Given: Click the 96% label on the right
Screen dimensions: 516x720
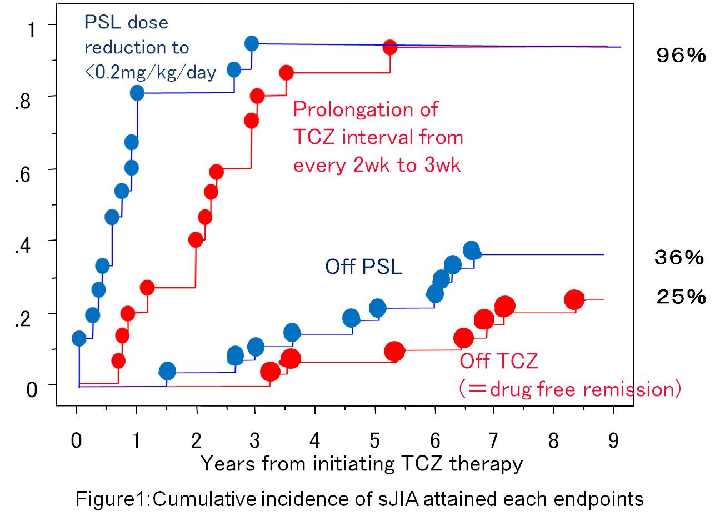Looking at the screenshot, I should [681, 55].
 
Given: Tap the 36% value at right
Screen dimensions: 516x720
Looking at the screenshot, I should [679, 257].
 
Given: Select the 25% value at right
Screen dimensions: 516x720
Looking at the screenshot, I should [681, 297].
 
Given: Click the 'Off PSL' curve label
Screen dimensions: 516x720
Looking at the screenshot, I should [363, 267].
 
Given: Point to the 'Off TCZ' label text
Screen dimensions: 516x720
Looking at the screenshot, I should [498, 361].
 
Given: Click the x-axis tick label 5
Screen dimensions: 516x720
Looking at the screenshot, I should [375, 441].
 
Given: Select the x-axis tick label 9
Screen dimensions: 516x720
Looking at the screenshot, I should [613, 441].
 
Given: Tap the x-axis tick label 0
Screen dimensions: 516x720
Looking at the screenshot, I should [77, 441].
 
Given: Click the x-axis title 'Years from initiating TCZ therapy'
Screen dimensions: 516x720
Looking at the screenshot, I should [362, 463].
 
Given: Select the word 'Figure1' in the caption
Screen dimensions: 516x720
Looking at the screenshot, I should [111, 499].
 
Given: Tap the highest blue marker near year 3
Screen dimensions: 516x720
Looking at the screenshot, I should [252, 43].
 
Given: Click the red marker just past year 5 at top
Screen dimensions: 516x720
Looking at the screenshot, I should [389, 47].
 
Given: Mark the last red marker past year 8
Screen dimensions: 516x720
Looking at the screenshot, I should [574, 300].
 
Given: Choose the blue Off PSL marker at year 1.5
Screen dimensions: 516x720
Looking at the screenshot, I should [167, 371].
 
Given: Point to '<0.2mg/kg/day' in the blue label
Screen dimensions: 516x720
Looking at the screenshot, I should [150, 72].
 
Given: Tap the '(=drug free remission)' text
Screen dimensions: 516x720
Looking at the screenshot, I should [570, 389].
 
